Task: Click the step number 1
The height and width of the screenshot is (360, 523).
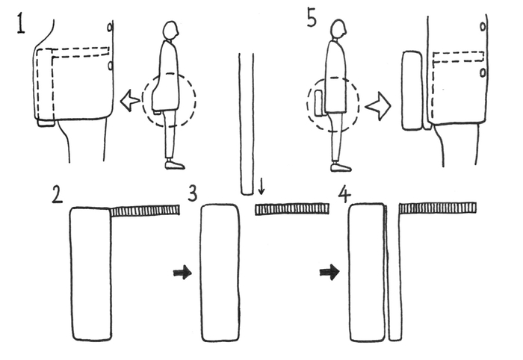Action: tap(21, 24)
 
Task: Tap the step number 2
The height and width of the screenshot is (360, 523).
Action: tap(57, 195)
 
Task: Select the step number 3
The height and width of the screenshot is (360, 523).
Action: tap(193, 193)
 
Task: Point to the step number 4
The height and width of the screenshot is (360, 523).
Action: tap(344, 195)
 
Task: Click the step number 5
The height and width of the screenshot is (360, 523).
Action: tap(312, 19)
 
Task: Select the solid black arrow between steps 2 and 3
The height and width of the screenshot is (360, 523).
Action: tap(182, 273)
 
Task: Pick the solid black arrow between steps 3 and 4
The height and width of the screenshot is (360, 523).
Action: tap(329, 273)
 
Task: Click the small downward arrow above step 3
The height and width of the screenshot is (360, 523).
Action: tap(261, 186)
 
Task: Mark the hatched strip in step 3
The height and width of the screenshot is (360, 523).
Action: tap(292, 209)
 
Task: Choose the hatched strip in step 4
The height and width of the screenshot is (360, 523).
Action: tap(437, 208)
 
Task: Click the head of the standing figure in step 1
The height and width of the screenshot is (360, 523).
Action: tap(171, 31)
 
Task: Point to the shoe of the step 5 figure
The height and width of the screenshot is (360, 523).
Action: tap(341, 167)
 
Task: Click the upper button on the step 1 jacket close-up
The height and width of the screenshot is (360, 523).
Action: tap(110, 27)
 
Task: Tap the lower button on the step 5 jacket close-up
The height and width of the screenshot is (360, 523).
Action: tap(483, 72)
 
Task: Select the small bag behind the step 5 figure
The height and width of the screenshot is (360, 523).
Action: tap(320, 103)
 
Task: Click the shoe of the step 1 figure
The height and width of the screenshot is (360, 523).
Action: tap(175, 165)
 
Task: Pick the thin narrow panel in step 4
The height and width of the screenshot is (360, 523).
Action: tap(394, 273)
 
